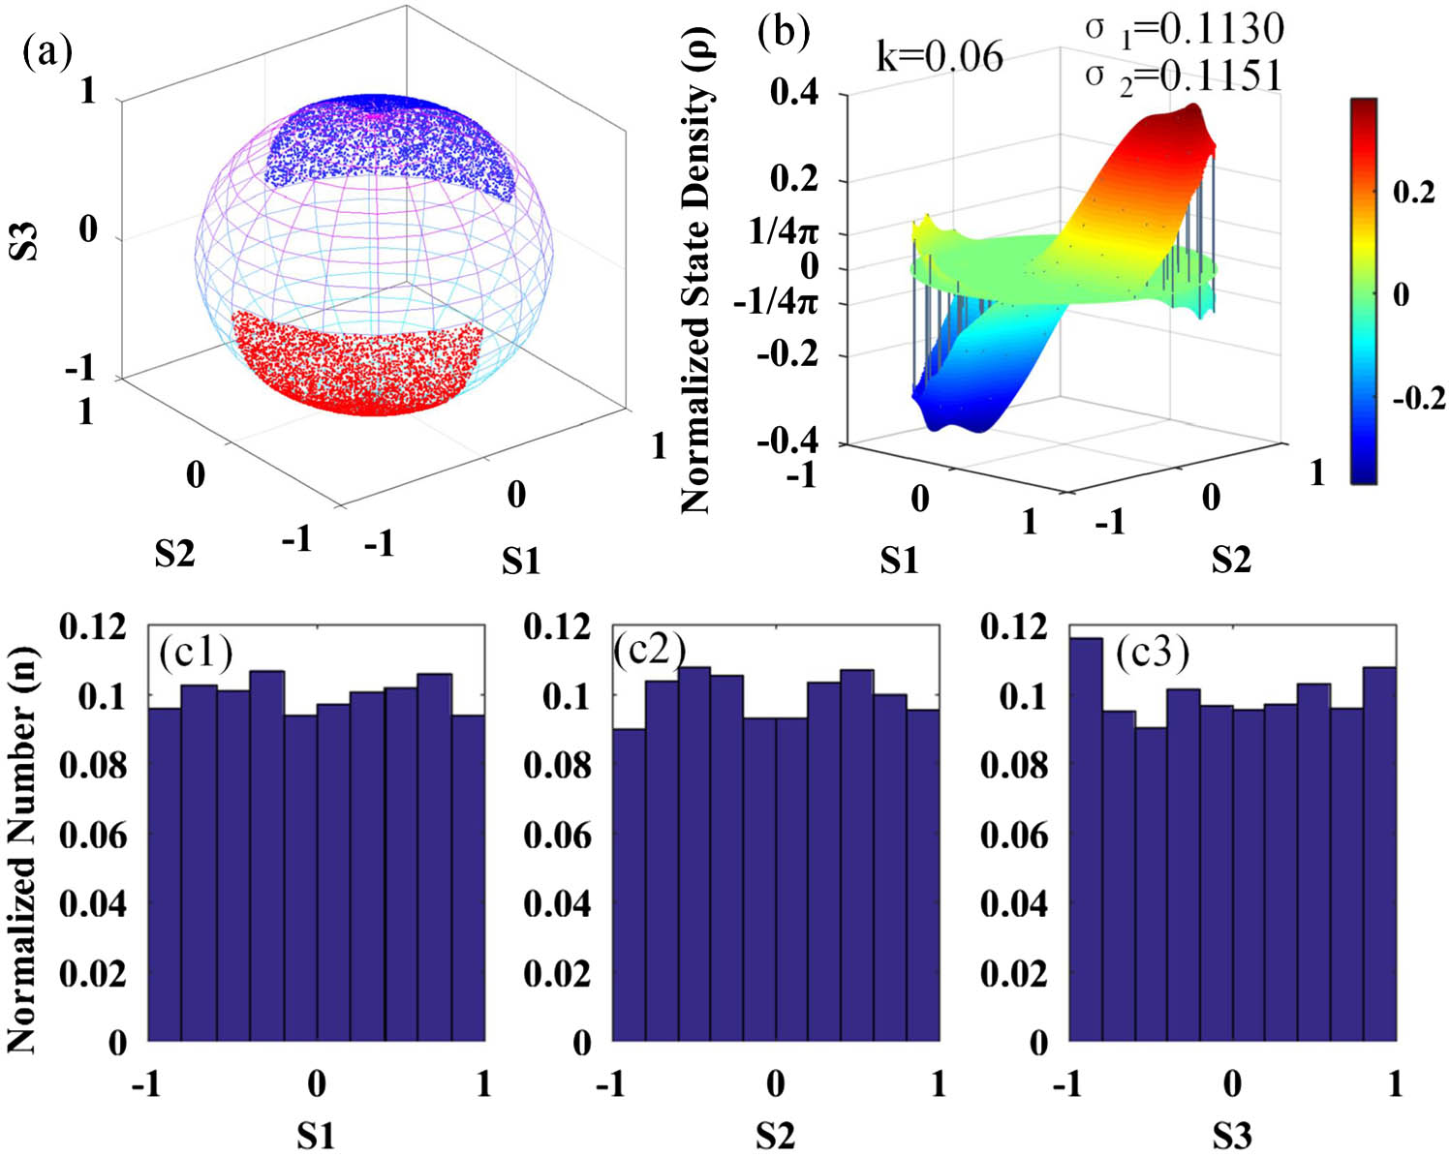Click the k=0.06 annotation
(939, 57)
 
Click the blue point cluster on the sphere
(387, 140)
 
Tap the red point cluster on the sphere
(358, 363)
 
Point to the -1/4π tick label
(775, 302)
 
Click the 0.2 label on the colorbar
(1413, 192)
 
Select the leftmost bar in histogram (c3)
(1086, 838)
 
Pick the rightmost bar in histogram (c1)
(468, 877)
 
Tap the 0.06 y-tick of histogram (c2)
(556, 835)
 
